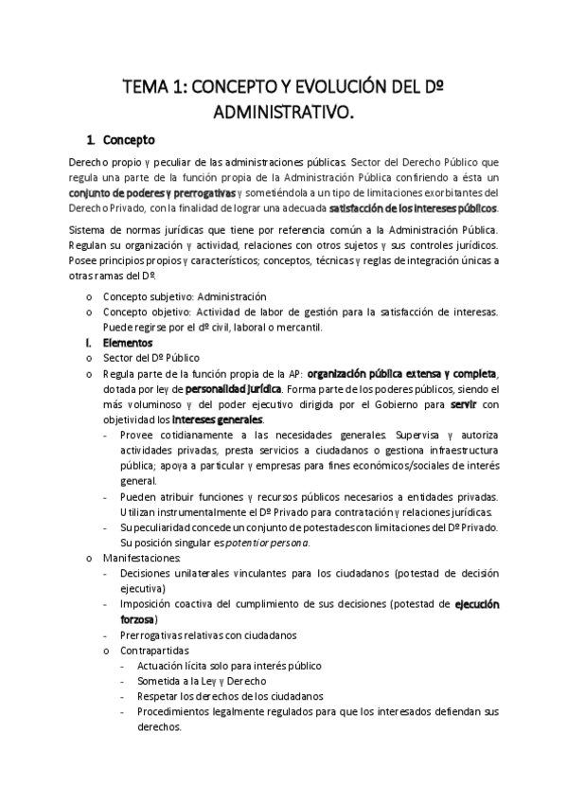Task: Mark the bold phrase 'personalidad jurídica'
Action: coord(233,388)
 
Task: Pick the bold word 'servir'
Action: coord(464,403)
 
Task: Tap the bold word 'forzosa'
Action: coord(139,618)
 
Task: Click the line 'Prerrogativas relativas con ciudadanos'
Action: coord(208,634)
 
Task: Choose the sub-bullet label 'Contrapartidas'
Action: coord(154,651)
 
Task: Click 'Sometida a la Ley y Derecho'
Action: coord(202,680)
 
